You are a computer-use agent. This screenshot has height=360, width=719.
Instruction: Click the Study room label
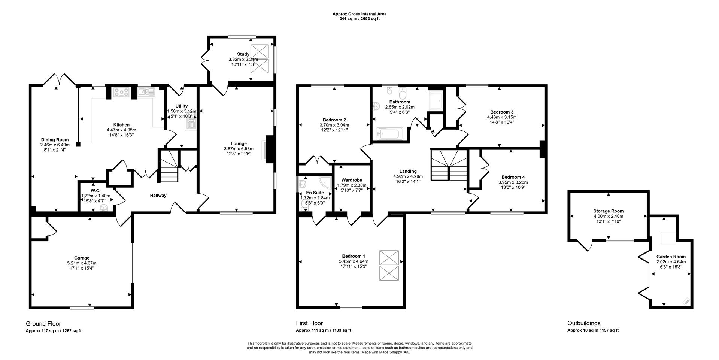pyautogui.click(x=243, y=54)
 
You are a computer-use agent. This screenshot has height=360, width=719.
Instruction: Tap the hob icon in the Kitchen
pyautogui.click(x=121, y=92)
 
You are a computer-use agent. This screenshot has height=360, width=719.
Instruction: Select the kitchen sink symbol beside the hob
pyautogui.click(x=146, y=92)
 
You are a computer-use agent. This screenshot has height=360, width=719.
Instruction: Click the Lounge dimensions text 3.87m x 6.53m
pyautogui.click(x=239, y=149)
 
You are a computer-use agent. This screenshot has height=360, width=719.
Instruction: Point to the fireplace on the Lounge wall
pyautogui.click(x=269, y=149)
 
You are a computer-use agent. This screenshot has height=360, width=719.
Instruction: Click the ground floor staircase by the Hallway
pyautogui.click(x=168, y=166)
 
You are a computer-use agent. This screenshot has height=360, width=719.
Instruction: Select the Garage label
pyautogui.click(x=82, y=258)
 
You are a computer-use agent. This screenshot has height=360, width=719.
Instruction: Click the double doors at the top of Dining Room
pyautogui.click(x=57, y=79)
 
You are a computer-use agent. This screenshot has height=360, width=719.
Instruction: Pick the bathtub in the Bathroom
pyautogui.click(x=390, y=133)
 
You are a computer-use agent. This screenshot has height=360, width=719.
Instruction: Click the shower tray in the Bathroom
pyautogui.click(x=436, y=100)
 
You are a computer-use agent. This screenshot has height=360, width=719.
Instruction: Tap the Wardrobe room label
pyautogui.click(x=351, y=180)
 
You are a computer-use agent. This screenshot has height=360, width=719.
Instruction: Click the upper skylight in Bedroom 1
pyautogui.click(x=389, y=258)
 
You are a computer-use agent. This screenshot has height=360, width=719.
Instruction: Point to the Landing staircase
pyautogui.click(x=449, y=165)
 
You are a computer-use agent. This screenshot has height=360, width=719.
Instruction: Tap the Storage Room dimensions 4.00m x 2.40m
pyautogui.click(x=608, y=216)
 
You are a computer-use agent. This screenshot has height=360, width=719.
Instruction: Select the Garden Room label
pyautogui.click(x=671, y=257)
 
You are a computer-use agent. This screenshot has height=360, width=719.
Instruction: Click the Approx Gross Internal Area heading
pyautogui.click(x=359, y=14)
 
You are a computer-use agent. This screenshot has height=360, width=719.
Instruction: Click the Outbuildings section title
pyautogui.click(x=583, y=323)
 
